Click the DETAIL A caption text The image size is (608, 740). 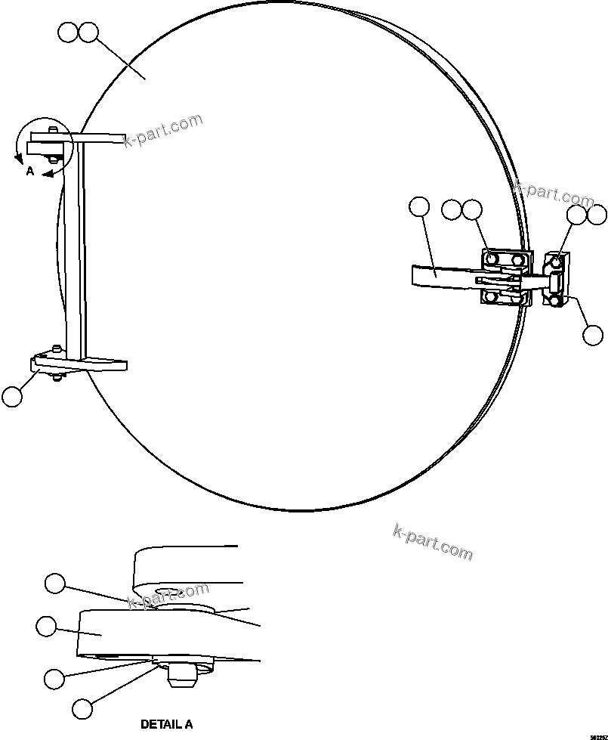[x=166, y=724]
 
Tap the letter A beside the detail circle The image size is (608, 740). [x=30, y=172]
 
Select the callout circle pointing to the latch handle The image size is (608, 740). [x=418, y=207]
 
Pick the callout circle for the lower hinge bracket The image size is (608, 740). [x=12, y=396]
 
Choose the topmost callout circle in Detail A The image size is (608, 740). [x=55, y=583]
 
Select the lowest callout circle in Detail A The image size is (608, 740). [x=82, y=708]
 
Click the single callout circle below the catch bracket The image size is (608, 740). [x=594, y=334]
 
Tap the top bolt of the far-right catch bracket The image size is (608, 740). [x=555, y=262]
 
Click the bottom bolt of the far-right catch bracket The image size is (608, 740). [x=555, y=301]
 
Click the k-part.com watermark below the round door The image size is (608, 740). [x=433, y=542]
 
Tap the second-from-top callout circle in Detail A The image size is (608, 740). [x=46, y=626]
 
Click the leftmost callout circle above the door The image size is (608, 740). [x=68, y=33]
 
